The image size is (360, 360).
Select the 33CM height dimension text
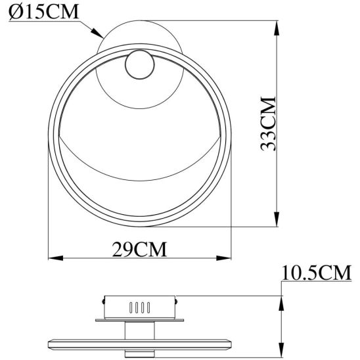pyautogui.click(x=268, y=125)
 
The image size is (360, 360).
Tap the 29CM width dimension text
pyautogui.click(x=139, y=250)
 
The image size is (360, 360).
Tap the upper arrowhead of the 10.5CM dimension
pyautogui.click(x=282, y=302)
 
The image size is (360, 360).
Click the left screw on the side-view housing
pyautogui.click(x=104, y=300)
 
